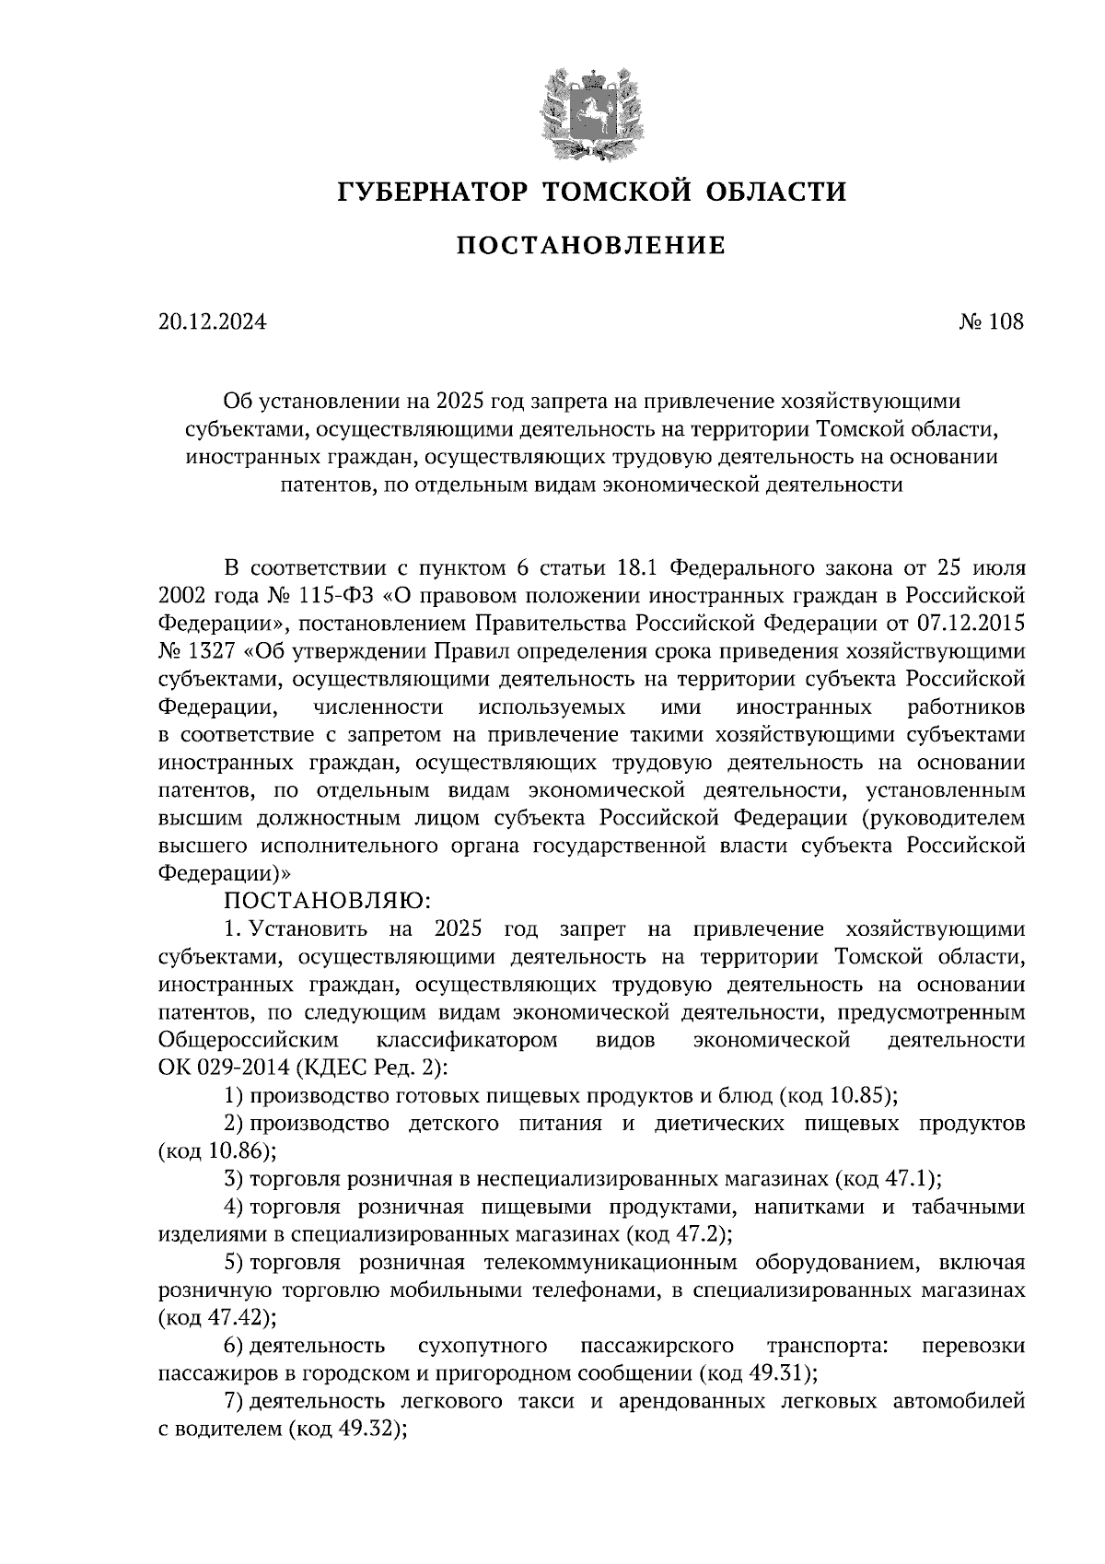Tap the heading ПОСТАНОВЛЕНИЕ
coord(591,245)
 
